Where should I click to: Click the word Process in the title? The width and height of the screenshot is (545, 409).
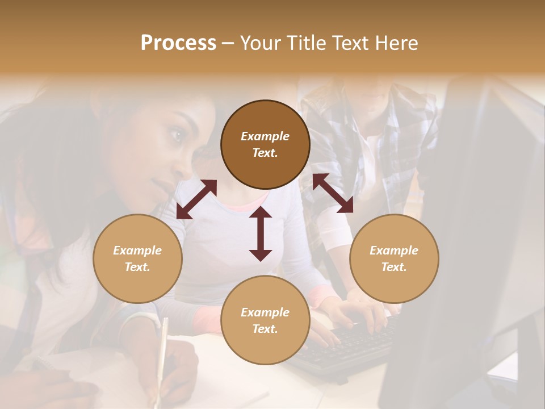178,43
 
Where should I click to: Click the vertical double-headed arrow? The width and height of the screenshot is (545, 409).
261,233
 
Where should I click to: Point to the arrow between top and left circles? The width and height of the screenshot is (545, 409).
196,199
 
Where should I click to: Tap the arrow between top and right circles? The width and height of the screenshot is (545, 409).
333,193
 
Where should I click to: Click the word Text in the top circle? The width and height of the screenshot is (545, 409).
265,153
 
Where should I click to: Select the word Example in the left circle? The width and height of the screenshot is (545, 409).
137,251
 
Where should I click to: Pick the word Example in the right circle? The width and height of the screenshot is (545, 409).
394,251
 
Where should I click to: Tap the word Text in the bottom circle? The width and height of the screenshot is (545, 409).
265,329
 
